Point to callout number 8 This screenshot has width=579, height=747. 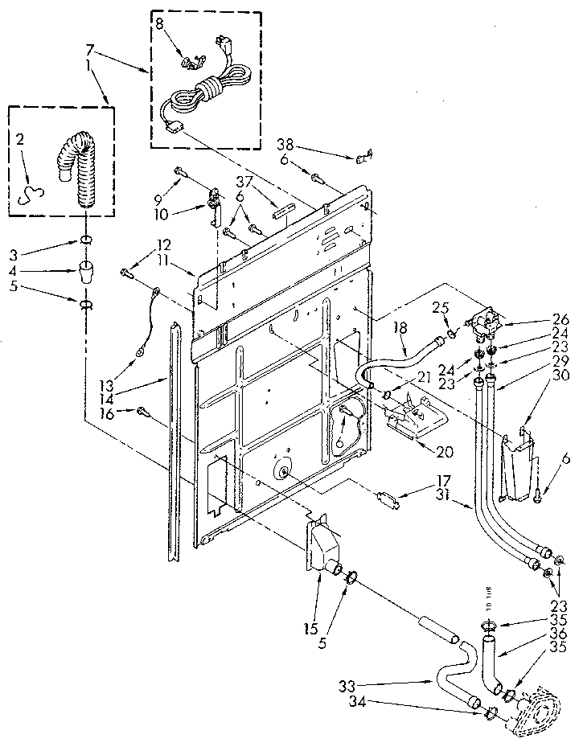click(x=158, y=25)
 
